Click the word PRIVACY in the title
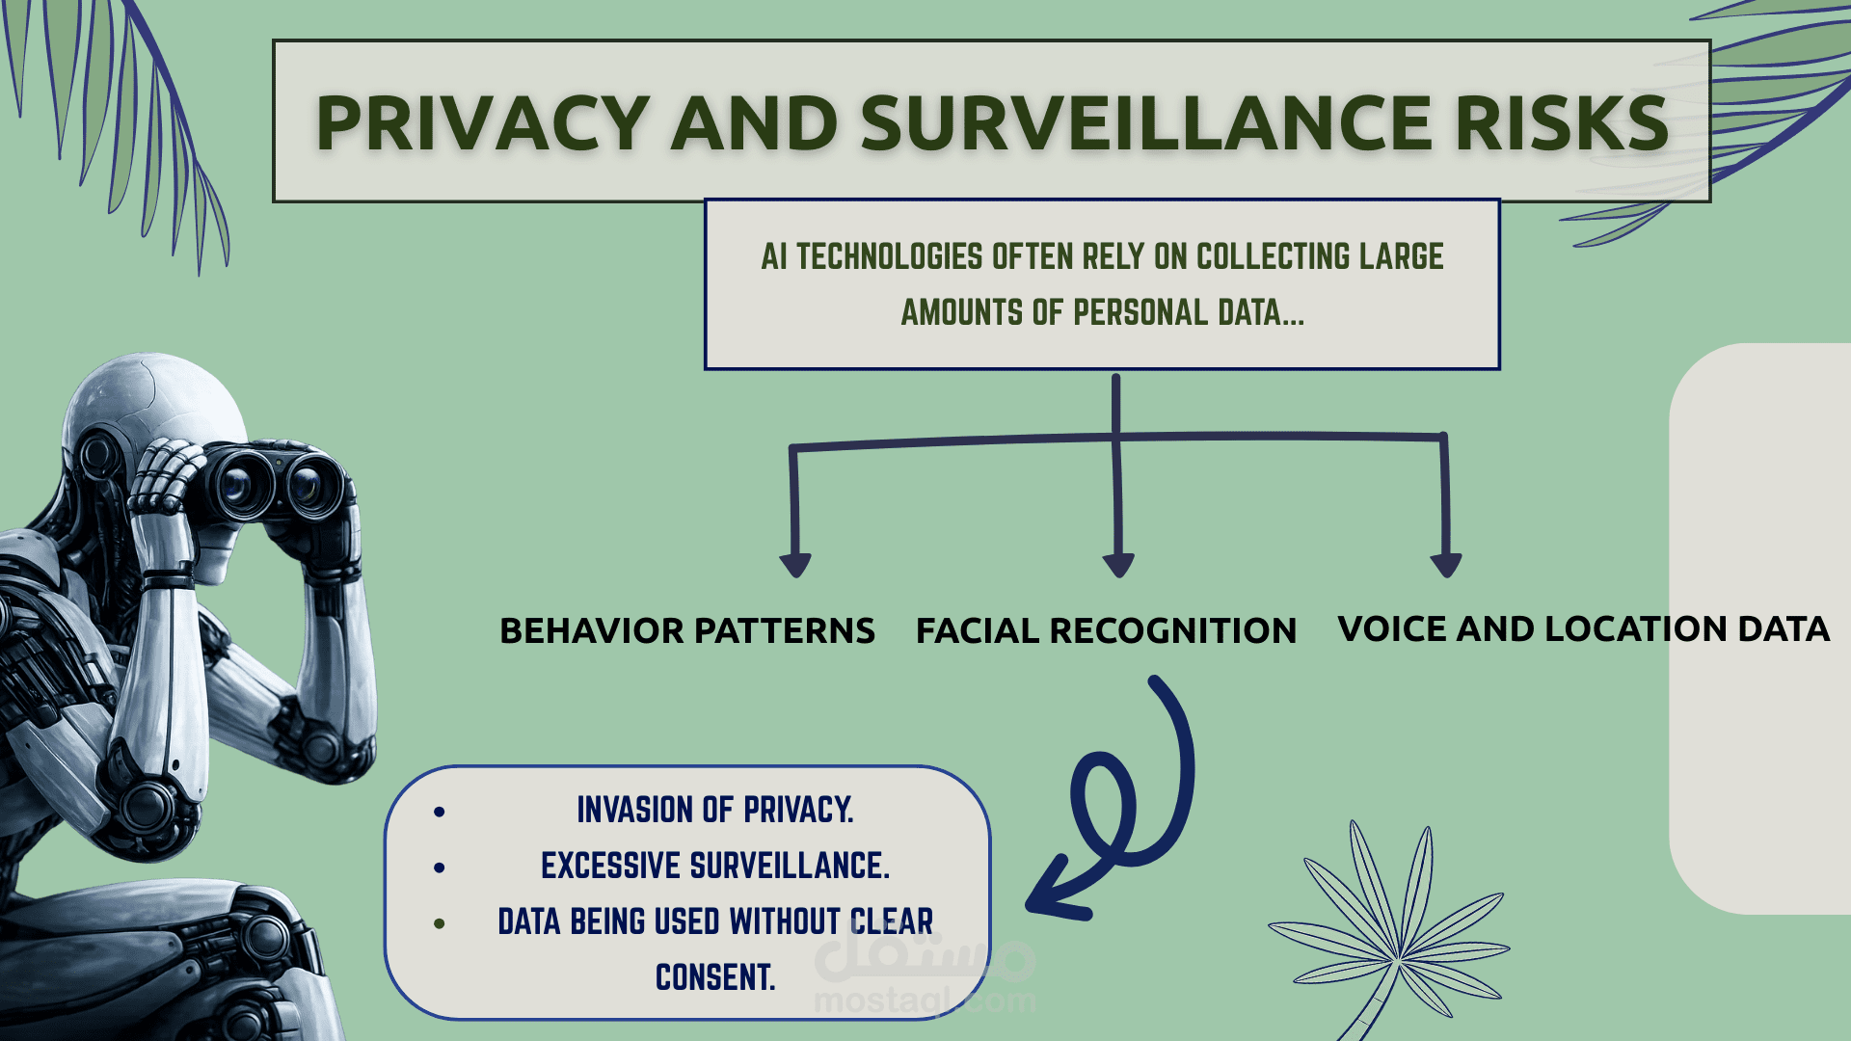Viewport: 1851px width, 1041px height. tap(482, 123)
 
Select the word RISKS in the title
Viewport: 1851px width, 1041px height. tap(1562, 123)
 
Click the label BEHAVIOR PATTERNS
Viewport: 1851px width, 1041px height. tap(686, 630)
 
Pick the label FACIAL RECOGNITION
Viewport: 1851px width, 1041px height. tap(1106, 630)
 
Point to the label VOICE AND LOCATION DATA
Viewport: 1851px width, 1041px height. tap(1583, 628)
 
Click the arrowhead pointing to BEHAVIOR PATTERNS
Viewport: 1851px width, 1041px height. tap(795, 565)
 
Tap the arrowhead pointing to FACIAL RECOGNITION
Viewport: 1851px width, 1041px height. tap(1118, 565)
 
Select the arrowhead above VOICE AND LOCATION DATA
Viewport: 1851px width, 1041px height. tap(1446, 565)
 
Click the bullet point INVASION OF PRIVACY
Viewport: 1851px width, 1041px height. tap(714, 810)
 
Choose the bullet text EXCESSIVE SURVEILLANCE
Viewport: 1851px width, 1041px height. tap(714, 866)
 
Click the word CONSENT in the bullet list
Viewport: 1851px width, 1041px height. tap(714, 977)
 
